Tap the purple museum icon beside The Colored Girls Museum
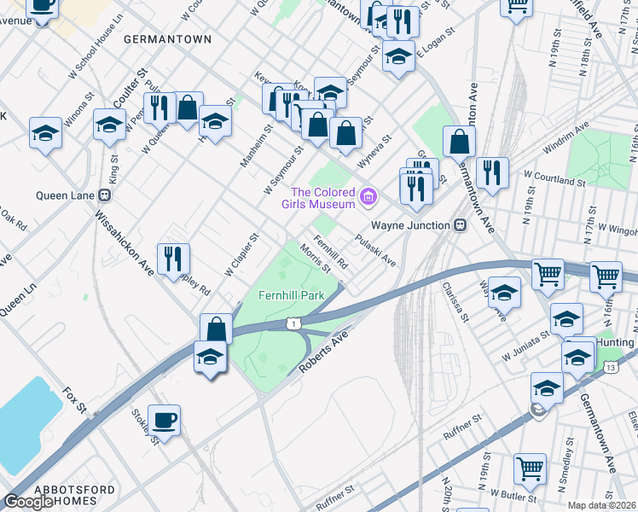coord(368,198)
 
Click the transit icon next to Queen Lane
coord(105,195)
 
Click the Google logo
coord(28,501)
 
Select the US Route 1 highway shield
coord(293,323)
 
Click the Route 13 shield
coord(611,367)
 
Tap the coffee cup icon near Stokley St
coord(164,420)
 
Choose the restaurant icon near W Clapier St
coord(174,259)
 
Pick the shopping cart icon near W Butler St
coord(530,468)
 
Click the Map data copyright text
coord(602,505)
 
